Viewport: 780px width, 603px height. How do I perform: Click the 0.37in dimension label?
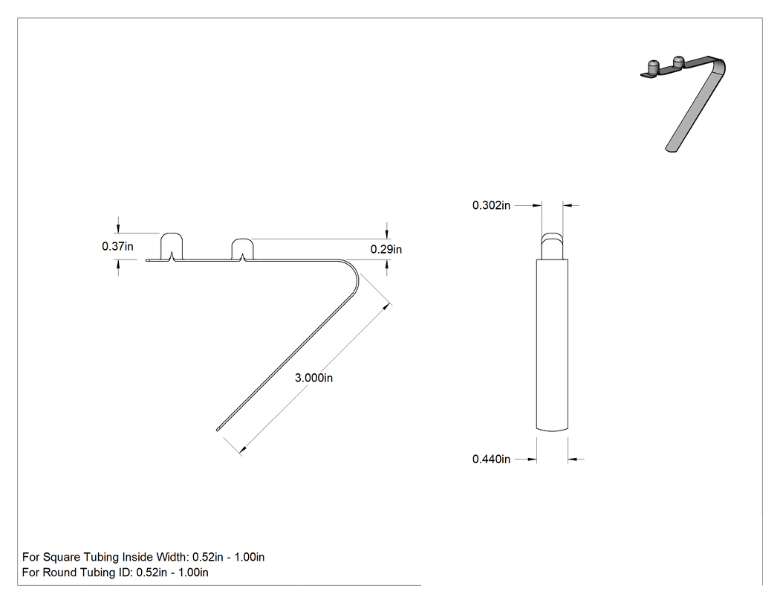[117, 246]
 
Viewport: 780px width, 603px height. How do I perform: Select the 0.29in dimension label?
[386, 249]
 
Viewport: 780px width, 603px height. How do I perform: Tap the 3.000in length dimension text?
[314, 378]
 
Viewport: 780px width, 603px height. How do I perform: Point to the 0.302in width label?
[492, 205]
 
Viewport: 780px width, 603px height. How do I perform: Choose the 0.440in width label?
[492, 459]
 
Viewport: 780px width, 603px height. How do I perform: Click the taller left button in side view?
[171, 246]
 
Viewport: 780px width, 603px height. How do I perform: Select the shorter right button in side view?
[243, 250]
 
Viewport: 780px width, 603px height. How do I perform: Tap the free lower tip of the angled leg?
[218, 429]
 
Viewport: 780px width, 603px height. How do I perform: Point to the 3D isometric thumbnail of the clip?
[683, 103]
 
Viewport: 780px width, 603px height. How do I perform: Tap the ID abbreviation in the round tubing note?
[126, 573]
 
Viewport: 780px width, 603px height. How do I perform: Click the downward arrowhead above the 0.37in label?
[118, 228]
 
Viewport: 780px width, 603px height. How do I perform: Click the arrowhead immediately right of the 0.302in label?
[536, 205]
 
